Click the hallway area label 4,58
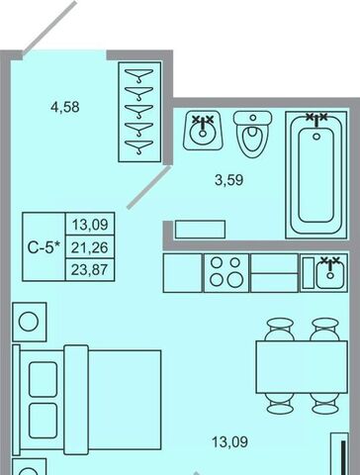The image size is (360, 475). click(x=65, y=107)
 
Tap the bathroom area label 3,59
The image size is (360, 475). click(x=229, y=180)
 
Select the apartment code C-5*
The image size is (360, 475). click(x=45, y=247)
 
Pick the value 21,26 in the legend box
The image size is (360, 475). click(x=90, y=247)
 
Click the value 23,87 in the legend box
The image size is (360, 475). click(x=90, y=270)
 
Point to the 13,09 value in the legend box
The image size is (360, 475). click(x=90, y=225)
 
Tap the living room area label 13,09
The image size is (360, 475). click(x=229, y=442)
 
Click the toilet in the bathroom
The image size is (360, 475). click(x=253, y=134)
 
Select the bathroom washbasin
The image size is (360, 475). click(x=204, y=131)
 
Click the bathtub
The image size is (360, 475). click(x=316, y=175)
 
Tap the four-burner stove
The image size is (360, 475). click(x=226, y=273)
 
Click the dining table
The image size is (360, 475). click(x=302, y=367)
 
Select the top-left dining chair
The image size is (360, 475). click(x=280, y=330)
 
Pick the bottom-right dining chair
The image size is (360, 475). click(x=325, y=404)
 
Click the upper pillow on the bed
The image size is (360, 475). click(x=43, y=379)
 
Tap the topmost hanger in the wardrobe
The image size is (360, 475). click(x=139, y=75)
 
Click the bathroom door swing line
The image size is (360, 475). click(x=148, y=187)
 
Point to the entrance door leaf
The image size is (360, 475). click(x=50, y=27)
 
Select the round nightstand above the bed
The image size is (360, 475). click(x=30, y=322)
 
